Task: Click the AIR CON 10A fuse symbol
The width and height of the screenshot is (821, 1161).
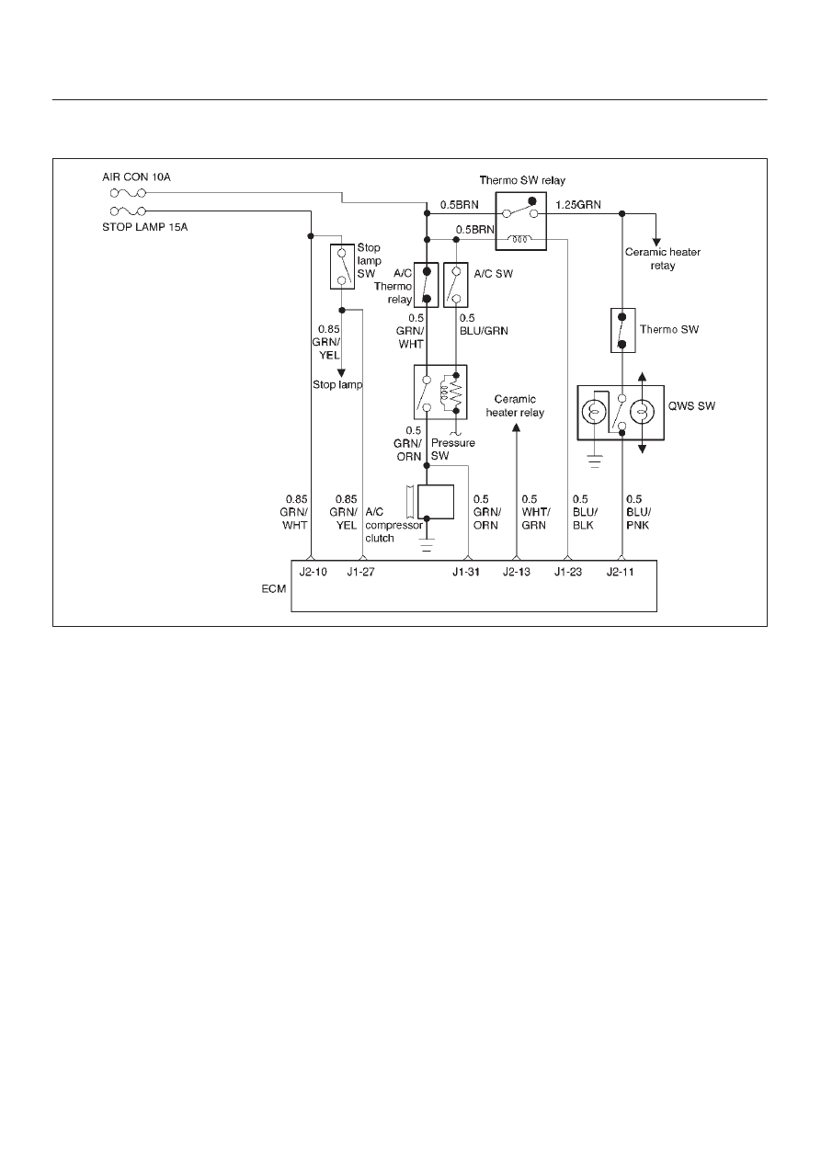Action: pyautogui.click(x=128, y=193)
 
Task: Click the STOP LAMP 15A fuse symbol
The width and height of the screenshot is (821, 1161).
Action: pyautogui.click(x=128, y=211)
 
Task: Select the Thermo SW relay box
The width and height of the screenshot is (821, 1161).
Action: pyautogui.click(x=521, y=222)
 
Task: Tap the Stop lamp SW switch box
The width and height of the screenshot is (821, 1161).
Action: pyautogui.click(x=342, y=267)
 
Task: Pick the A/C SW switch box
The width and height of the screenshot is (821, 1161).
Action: pyautogui.click(x=456, y=285)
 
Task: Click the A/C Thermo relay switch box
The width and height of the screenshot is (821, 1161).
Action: pyautogui.click(x=427, y=285)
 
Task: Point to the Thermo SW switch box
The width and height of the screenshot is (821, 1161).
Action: pyautogui.click(x=622, y=330)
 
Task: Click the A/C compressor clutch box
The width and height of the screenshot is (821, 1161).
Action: pyautogui.click(x=436, y=502)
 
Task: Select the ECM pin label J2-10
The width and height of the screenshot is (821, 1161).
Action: pyautogui.click(x=314, y=572)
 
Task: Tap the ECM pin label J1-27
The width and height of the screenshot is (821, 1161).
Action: pyautogui.click(x=360, y=572)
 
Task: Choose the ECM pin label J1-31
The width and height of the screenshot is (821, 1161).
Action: pyautogui.click(x=466, y=572)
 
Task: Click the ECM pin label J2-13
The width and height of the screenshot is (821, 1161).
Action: pyautogui.click(x=517, y=572)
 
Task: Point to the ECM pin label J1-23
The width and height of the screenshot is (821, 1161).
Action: pyautogui.click(x=568, y=572)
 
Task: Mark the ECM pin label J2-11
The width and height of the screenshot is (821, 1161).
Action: pyautogui.click(x=621, y=572)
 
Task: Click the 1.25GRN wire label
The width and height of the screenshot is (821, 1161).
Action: pyautogui.click(x=578, y=205)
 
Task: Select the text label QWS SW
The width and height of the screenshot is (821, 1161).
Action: pyautogui.click(x=691, y=405)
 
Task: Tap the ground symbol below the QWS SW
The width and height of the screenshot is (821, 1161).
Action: pyautogui.click(x=595, y=461)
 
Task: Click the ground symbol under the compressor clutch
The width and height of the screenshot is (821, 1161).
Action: pyautogui.click(x=427, y=545)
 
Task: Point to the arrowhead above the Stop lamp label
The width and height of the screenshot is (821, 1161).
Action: pyautogui.click(x=342, y=373)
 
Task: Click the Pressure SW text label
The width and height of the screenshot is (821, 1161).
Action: pyautogui.click(x=453, y=450)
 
